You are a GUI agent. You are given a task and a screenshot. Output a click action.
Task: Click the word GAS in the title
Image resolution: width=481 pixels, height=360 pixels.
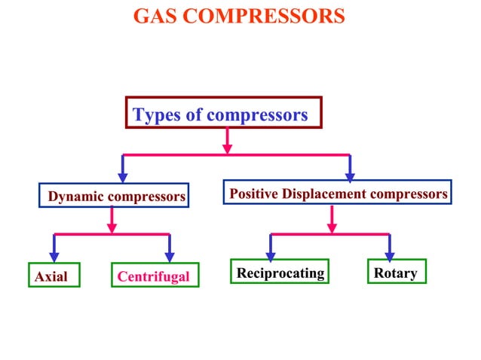(x=155, y=16)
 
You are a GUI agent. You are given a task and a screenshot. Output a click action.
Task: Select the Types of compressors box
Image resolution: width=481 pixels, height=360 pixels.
(x=223, y=113)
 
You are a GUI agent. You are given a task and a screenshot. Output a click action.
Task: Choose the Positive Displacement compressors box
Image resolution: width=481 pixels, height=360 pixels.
(x=338, y=193)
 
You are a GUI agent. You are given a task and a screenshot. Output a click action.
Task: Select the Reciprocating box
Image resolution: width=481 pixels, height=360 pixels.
(x=280, y=272)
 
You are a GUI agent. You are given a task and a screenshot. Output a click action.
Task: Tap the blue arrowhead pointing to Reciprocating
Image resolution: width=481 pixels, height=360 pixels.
(x=271, y=255)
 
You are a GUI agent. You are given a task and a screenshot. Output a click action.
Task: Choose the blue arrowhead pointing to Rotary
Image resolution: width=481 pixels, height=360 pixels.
(x=389, y=255)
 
